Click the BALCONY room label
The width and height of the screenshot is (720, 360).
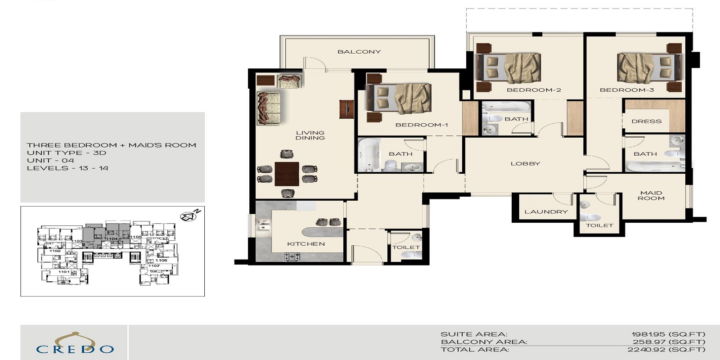(359, 52)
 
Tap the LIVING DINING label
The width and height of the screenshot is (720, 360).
(310, 135)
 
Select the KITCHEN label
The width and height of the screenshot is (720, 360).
(306, 244)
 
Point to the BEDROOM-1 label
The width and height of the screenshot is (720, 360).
(422, 125)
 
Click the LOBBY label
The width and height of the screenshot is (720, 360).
(525, 164)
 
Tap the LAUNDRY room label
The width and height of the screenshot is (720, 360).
(546, 211)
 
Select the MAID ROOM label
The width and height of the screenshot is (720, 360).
(651, 195)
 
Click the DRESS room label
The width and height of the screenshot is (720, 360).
(646, 121)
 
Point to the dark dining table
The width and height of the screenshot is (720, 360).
(287, 174)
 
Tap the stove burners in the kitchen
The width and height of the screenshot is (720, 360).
(292, 256)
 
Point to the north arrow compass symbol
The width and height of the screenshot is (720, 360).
(189, 216)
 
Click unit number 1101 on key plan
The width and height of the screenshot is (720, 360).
(64, 272)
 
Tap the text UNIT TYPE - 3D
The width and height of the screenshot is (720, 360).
(66, 153)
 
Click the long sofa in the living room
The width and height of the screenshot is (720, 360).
(268, 108)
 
